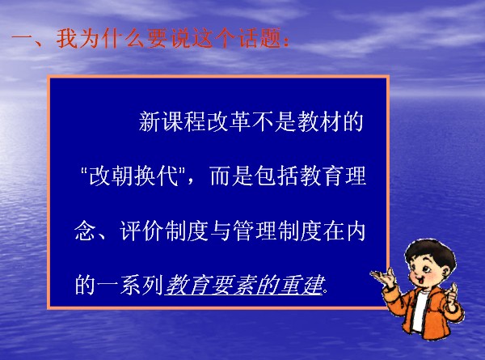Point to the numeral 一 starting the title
pyautogui.click(x=23, y=40)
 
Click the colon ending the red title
pyautogui.click(x=286, y=41)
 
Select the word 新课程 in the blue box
pyautogui.click(x=172, y=121)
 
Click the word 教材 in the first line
pyautogui.click(x=318, y=121)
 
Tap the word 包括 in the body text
pyautogui.click(x=276, y=176)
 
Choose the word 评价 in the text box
pyautogui.click(x=141, y=231)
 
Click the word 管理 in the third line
pyautogui.click(x=255, y=231)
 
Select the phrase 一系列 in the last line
pyautogui.click(x=129, y=285)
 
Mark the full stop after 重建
pyautogui.click(x=326, y=290)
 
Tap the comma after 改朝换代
pyautogui.click(x=190, y=180)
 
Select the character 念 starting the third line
pyautogui.click(x=85, y=231)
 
